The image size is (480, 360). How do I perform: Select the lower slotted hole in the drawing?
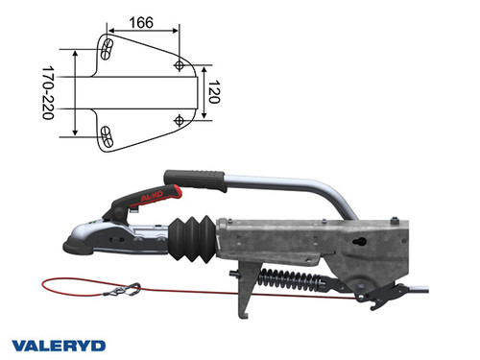tap(108, 135)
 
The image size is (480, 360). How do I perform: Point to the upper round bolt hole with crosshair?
tap(180, 64)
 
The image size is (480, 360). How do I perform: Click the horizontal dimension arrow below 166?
tap(143, 33)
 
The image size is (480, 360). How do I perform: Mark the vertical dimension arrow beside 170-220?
tap(76, 93)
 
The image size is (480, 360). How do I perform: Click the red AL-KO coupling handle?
tap(149, 198)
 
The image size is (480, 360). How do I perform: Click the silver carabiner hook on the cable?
tap(127, 287)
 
